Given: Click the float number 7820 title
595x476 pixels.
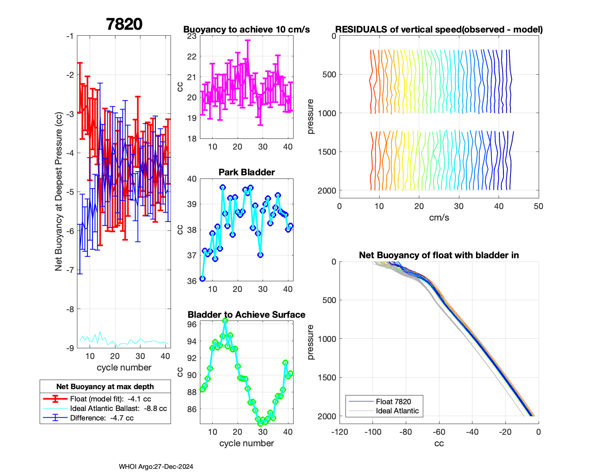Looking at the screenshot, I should click(x=124, y=24).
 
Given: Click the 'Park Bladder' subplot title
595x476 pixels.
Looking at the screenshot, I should click(x=247, y=172).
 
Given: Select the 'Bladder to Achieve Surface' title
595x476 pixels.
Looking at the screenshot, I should click(x=246, y=315).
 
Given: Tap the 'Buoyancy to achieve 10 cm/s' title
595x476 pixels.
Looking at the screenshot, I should click(x=246, y=29).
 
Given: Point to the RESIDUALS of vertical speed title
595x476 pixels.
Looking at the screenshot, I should click(x=439, y=29).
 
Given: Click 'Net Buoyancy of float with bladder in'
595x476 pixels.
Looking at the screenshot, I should click(x=439, y=255).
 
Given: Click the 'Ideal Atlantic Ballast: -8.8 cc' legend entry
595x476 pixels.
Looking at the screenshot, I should click(x=118, y=408).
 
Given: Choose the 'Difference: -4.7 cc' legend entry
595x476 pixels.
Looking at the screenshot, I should click(x=102, y=418).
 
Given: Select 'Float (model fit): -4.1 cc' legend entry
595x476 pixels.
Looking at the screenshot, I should click(x=110, y=399).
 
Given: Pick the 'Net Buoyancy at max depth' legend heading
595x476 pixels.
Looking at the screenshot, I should click(x=105, y=386).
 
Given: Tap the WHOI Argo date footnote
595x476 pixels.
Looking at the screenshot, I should click(x=156, y=466).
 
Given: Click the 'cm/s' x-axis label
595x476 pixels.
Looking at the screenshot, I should click(x=439, y=217).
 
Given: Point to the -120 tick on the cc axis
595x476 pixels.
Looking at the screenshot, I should click(x=340, y=432).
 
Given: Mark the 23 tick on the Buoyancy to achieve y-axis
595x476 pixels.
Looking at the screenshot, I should click(x=192, y=36).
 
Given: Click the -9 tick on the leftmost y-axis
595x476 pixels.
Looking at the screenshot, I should click(x=69, y=348).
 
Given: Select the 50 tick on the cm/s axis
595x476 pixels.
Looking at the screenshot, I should click(x=538, y=206).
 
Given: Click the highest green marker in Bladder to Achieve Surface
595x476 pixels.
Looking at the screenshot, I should click(x=225, y=321).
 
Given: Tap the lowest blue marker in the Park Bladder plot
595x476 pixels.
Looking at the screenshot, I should click(x=202, y=278).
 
